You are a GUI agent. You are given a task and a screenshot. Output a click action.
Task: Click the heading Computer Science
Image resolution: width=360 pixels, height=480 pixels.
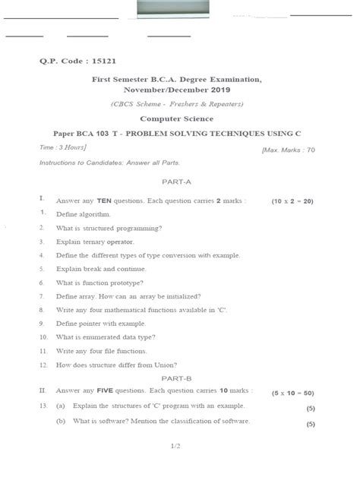177,118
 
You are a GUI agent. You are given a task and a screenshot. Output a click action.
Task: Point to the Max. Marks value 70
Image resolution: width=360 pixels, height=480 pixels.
311,150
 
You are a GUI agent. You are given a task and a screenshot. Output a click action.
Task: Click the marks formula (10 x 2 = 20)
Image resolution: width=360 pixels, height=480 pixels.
292,201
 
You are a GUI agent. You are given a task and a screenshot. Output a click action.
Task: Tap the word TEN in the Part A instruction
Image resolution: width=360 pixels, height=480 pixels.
104,201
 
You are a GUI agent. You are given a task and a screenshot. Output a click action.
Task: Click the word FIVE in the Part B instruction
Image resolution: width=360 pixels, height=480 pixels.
105,391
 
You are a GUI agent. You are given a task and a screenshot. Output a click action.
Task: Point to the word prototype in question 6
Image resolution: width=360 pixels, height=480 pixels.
126,283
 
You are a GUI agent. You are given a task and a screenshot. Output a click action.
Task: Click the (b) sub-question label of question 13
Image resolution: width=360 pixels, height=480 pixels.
61,421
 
